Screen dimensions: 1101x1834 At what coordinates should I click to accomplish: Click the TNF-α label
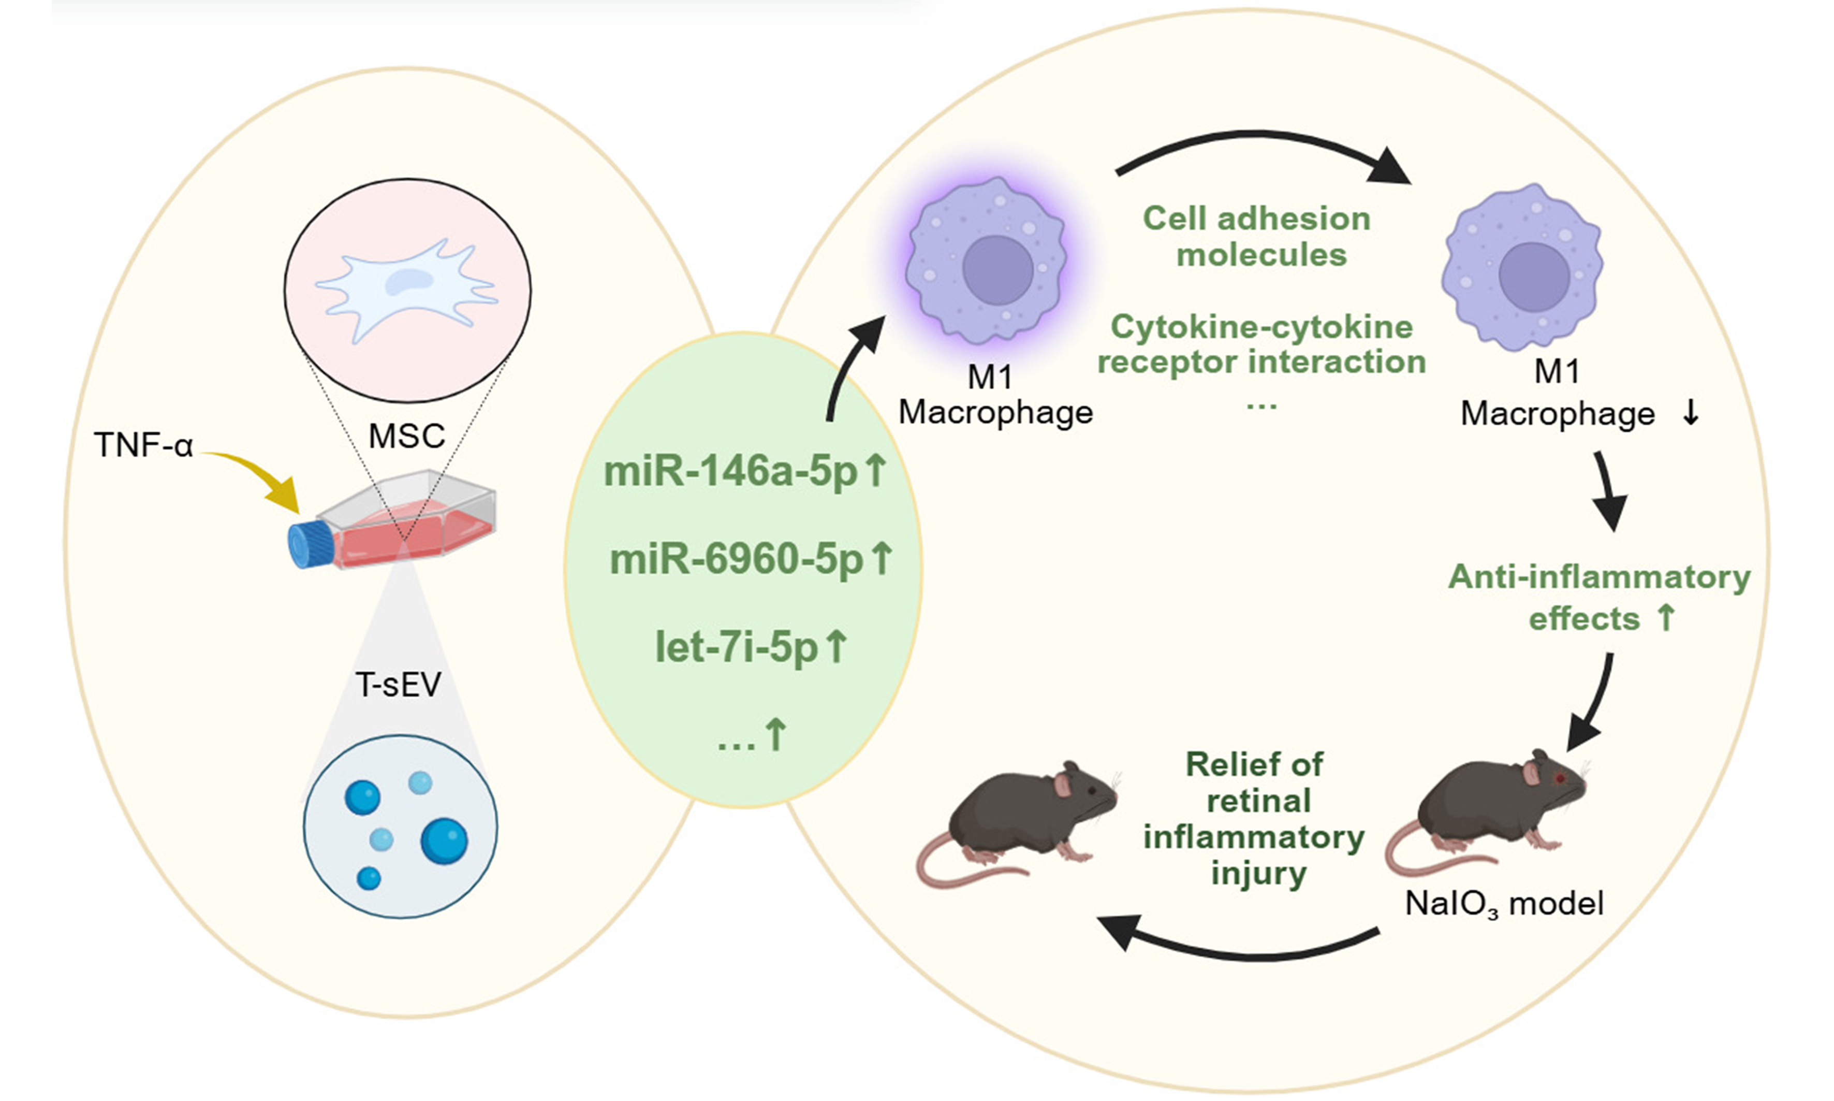coord(144,445)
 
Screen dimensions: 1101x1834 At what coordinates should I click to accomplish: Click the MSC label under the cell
coord(406,436)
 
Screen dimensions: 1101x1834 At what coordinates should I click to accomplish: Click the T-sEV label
coord(399,684)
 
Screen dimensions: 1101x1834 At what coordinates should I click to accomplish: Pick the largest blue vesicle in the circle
coord(444,841)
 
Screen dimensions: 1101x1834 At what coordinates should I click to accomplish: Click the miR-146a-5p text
coord(730,472)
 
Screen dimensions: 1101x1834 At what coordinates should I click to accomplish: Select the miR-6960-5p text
coord(737,559)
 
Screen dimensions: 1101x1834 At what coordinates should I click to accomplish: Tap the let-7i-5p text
coord(737,647)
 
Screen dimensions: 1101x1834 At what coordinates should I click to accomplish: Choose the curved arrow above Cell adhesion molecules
coord(1261,149)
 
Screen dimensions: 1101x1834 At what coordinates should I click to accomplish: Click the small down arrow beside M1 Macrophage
coord(1691,413)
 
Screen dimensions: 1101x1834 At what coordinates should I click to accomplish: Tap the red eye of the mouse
coord(1560,777)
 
